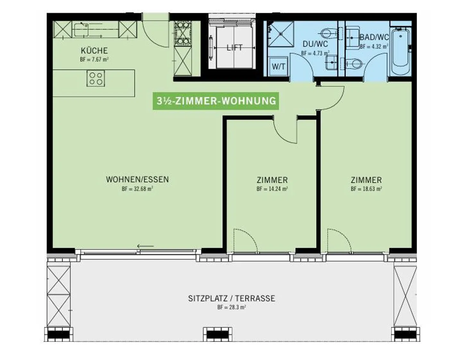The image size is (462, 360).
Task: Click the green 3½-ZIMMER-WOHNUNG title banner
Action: pyautogui.click(x=216, y=101)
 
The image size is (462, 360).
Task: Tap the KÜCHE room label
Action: pyautogui.click(x=94, y=51)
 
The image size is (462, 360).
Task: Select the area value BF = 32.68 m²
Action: pyautogui.click(x=137, y=189)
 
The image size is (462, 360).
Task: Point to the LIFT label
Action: pyautogui.click(x=234, y=48)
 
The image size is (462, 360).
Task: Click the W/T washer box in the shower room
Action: pyautogui.click(x=278, y=66)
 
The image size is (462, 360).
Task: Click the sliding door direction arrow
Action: pyautogui.click(x=145, y=246)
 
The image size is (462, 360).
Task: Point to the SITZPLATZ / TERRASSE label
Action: pyautogui.click(x=231, y=298)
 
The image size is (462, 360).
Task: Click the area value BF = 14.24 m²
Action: pyautogui.click(x=272, y=189)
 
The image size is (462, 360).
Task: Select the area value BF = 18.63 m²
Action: pyautogui.click(x=366, y=189)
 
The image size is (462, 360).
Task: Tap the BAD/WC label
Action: pyautogui.click(x=374, y=37)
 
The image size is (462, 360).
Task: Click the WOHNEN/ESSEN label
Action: pyautogui.click(x=137, y=179)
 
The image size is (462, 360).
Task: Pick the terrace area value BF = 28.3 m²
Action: pyautogui.click(x=231, y=307)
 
